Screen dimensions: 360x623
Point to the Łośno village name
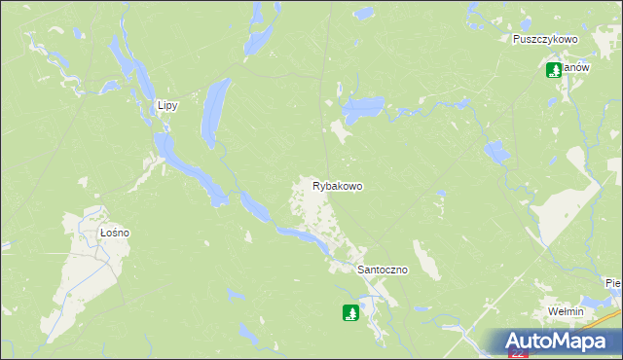click(x=115, y=234)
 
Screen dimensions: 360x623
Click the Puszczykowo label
click(x=546, y=40)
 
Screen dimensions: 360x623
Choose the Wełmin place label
click(x=565, y=311)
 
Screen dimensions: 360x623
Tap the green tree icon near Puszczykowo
click(x=554, y=70)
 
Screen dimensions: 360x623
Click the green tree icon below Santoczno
click(x=350, y=313)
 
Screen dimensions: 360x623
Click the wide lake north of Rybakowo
click(x=362, y=108)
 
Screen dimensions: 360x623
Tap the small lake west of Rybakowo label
click(x=255, y=205)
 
